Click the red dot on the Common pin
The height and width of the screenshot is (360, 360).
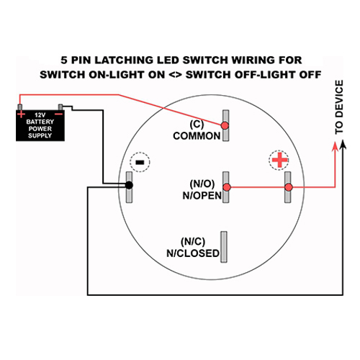click(225, 125)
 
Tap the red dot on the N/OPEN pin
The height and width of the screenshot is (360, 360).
click(227, 187)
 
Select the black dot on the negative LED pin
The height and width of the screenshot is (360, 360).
click(129, 185)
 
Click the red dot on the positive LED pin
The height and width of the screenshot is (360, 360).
click(289, 187)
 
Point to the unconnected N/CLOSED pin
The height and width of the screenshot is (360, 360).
click(224, 247)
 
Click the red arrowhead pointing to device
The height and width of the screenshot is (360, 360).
click(335, 146)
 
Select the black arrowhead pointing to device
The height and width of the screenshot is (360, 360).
click(343, 145)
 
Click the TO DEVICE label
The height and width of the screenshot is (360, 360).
click(339, 107)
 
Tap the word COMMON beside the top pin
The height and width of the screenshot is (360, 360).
click(197, 136)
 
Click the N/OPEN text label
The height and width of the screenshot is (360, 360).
click(202, 196)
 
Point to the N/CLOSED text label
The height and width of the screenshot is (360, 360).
click(193, 253)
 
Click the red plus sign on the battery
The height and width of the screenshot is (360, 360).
click(21, 114)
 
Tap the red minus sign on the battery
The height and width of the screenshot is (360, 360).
click(59, 114)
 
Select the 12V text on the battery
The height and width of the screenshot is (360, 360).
click(40, 115)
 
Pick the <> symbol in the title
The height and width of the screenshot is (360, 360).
click(176, 75)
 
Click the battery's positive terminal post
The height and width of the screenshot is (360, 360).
click(20, 107)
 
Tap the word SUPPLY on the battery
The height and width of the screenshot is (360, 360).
click(40, 135)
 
